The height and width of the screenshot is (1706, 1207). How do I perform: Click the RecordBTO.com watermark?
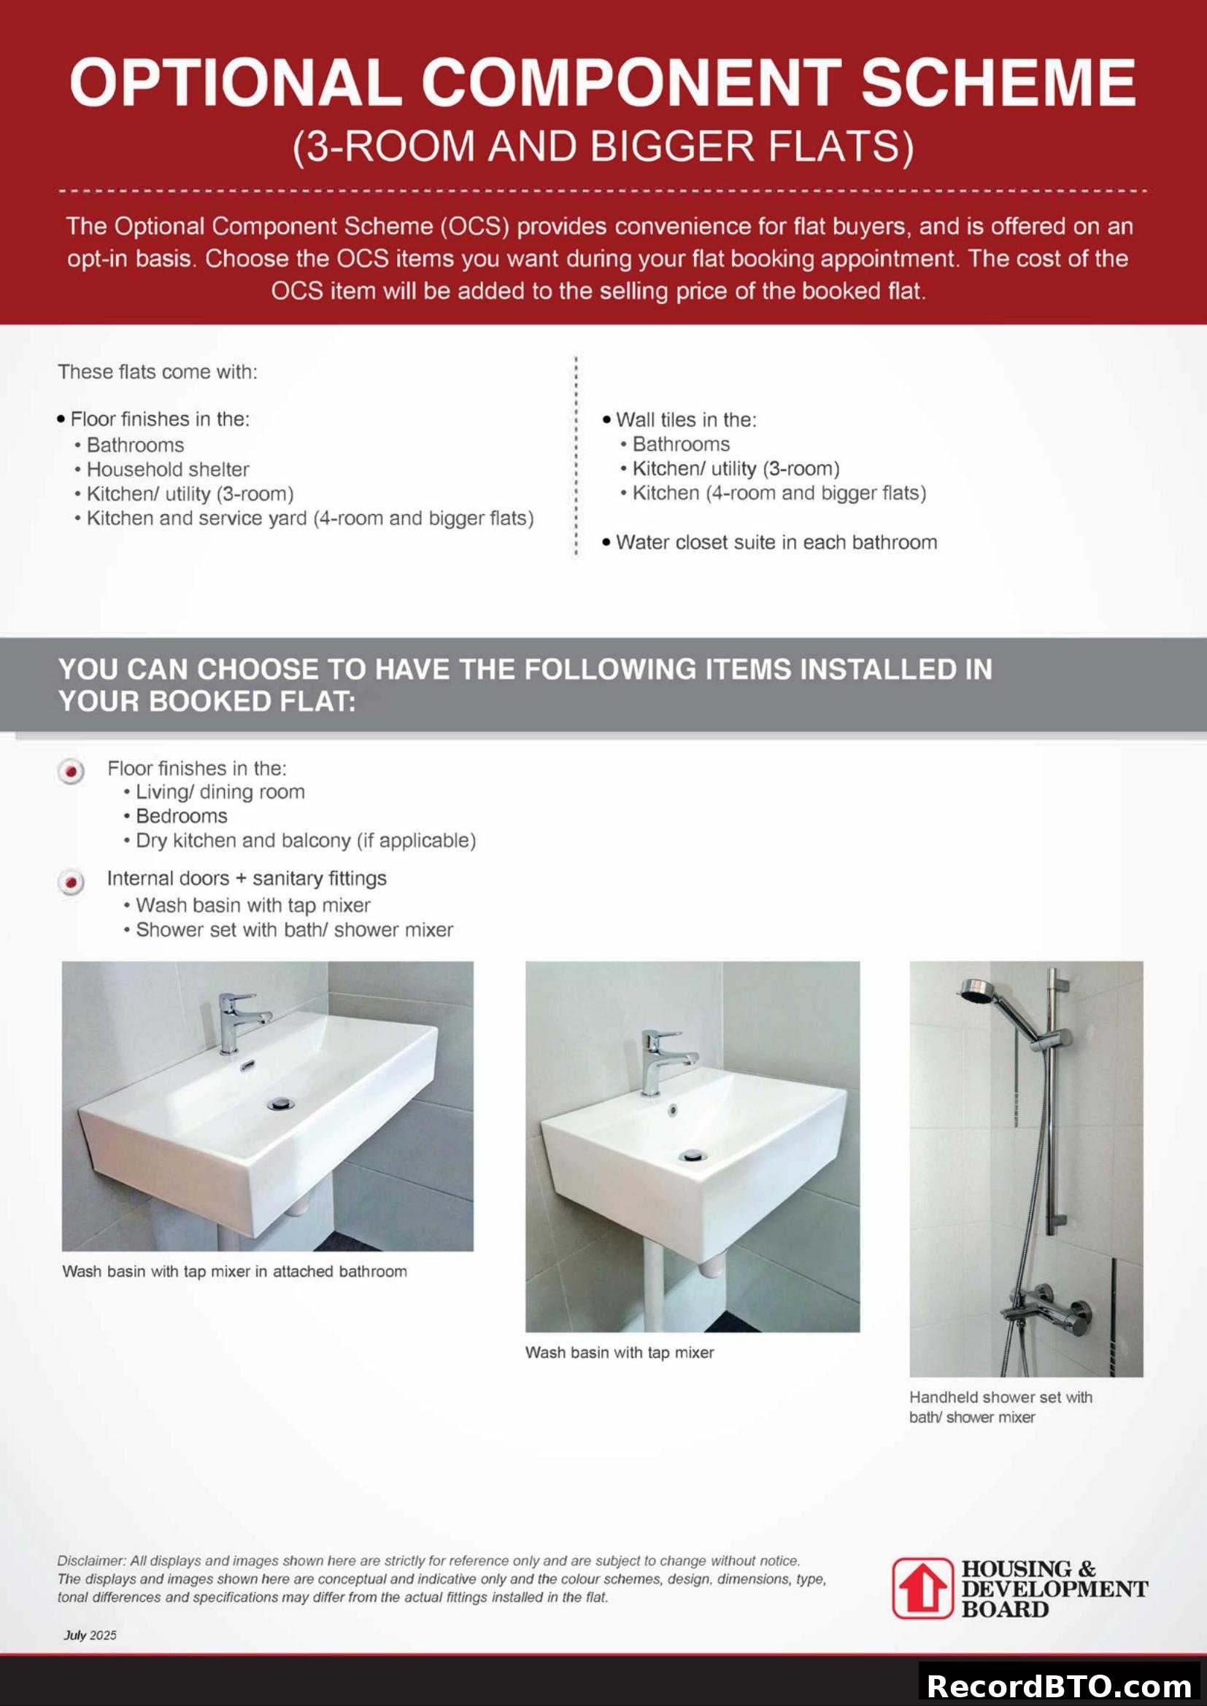tap(1060, 1685)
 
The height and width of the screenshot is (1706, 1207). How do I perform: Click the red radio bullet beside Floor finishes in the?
tap(72, 771)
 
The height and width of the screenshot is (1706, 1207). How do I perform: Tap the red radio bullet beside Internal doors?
tap(72, 883)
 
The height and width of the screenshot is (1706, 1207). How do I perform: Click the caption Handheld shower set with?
tap(1000, 1397)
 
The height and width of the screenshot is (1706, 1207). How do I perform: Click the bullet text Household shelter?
tap(167, 470)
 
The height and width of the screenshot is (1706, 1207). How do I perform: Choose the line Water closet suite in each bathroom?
tap(776, 543)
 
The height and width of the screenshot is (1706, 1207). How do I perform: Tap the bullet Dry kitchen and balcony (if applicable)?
tap(306, 840)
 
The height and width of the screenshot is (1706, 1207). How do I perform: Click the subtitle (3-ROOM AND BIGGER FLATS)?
tap(603, 146)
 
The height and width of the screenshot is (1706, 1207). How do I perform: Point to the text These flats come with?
tap(158, 371)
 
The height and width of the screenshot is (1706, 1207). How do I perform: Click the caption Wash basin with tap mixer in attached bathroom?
tap(234, 1271)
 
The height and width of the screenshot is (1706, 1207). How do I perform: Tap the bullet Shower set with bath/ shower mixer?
tap(293, 929)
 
